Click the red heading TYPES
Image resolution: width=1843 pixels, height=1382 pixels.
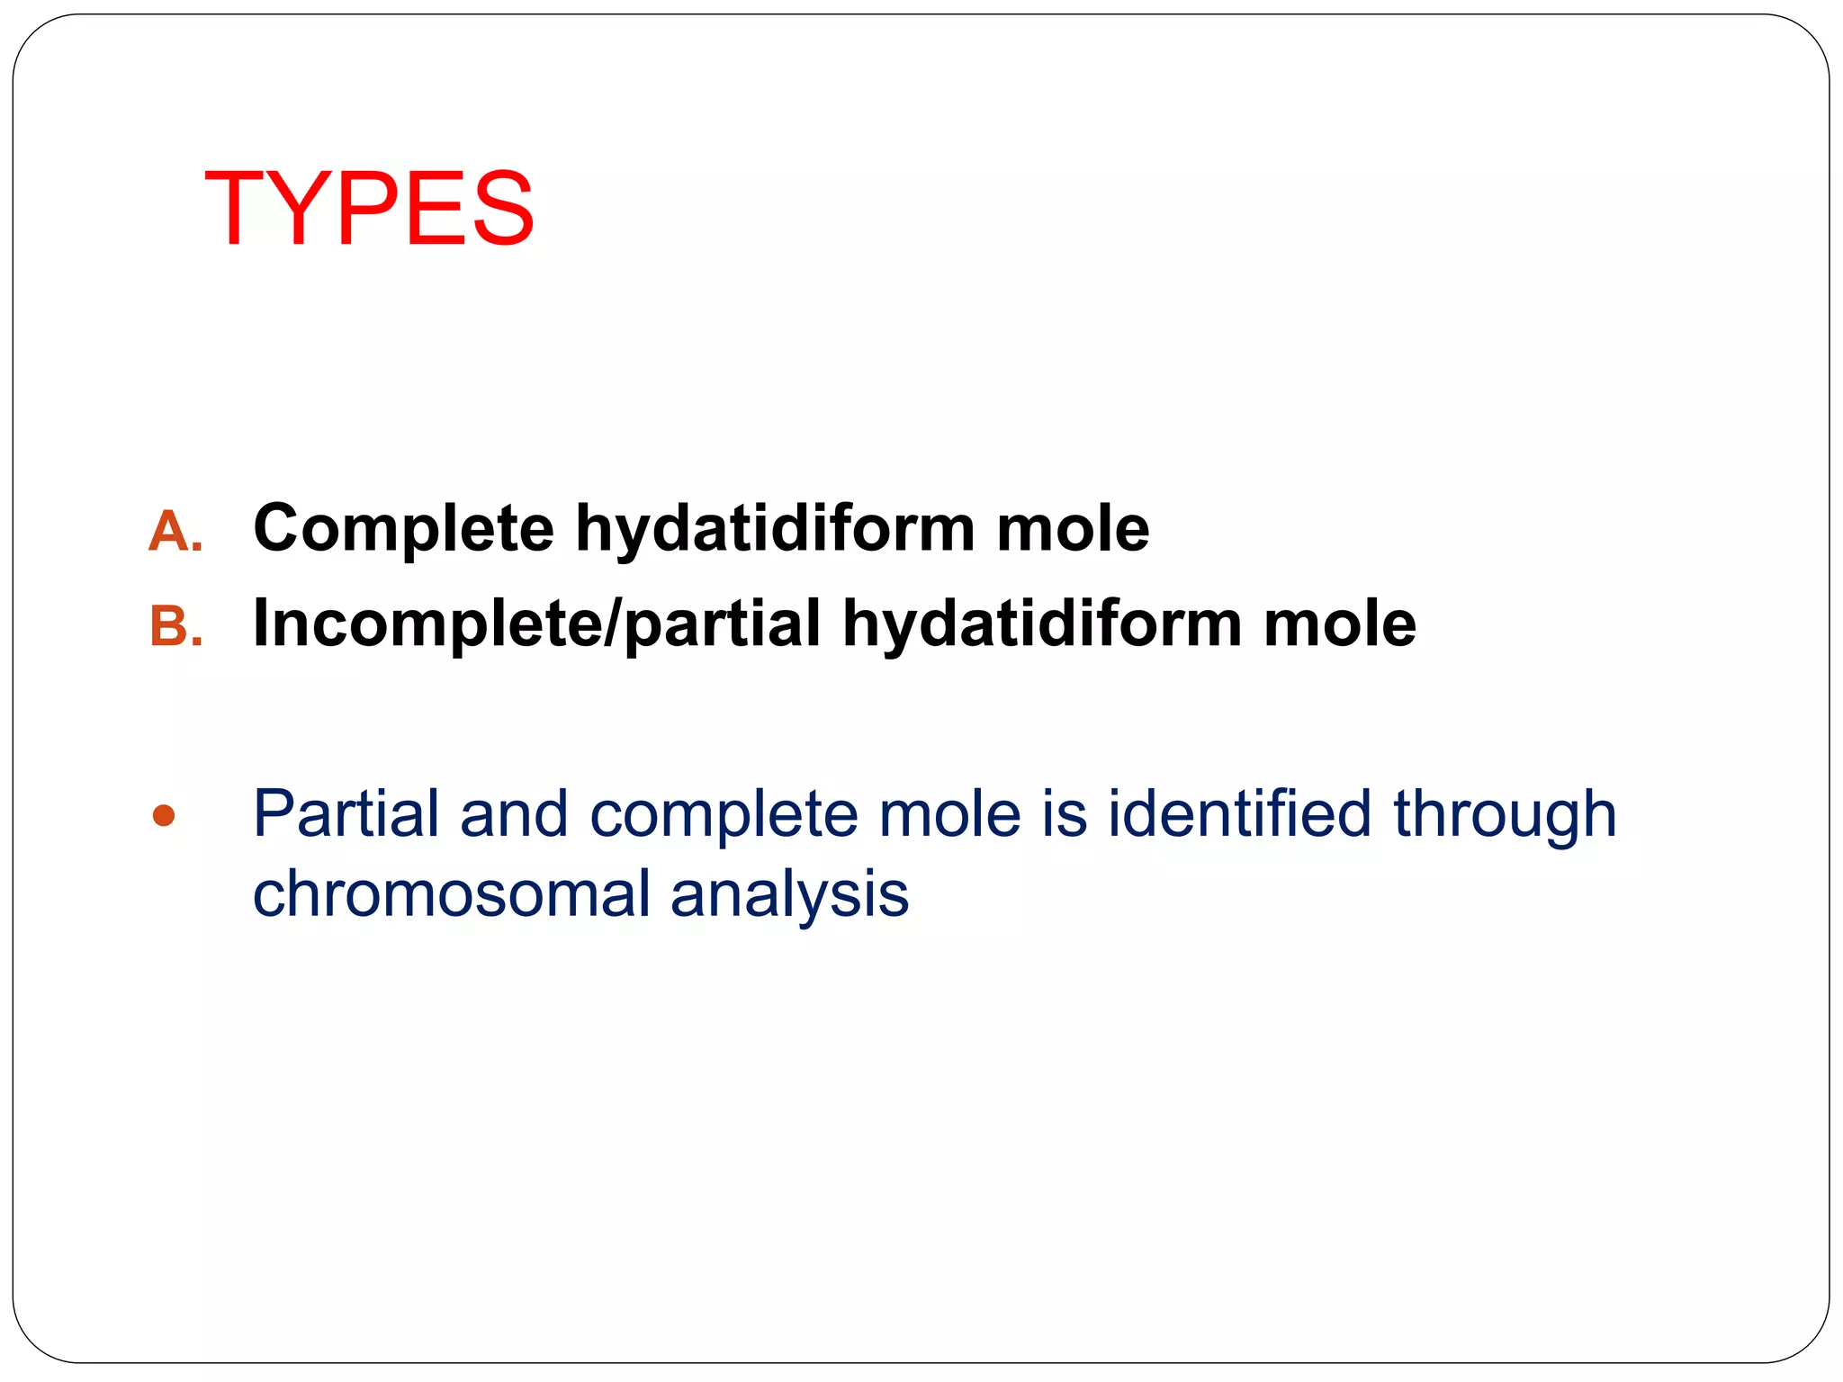coord(369,209)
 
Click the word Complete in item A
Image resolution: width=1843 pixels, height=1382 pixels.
coord(403,529)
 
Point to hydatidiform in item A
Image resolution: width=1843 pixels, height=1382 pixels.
coord(775,529)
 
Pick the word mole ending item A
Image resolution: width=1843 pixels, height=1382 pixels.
coord(1072,529)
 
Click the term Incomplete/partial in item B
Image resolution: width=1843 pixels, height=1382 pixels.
coord(537,624)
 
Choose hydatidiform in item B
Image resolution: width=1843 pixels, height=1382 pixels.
coord(1042,624)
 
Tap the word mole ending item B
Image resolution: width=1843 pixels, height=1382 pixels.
coord(1339,624)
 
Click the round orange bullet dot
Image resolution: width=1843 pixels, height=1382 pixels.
coord(164,816)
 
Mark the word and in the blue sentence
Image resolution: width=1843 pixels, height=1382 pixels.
coord(514,814)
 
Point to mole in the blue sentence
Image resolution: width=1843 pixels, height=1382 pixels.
coord(949,814)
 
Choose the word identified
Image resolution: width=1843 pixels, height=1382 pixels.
coord(1239,814)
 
